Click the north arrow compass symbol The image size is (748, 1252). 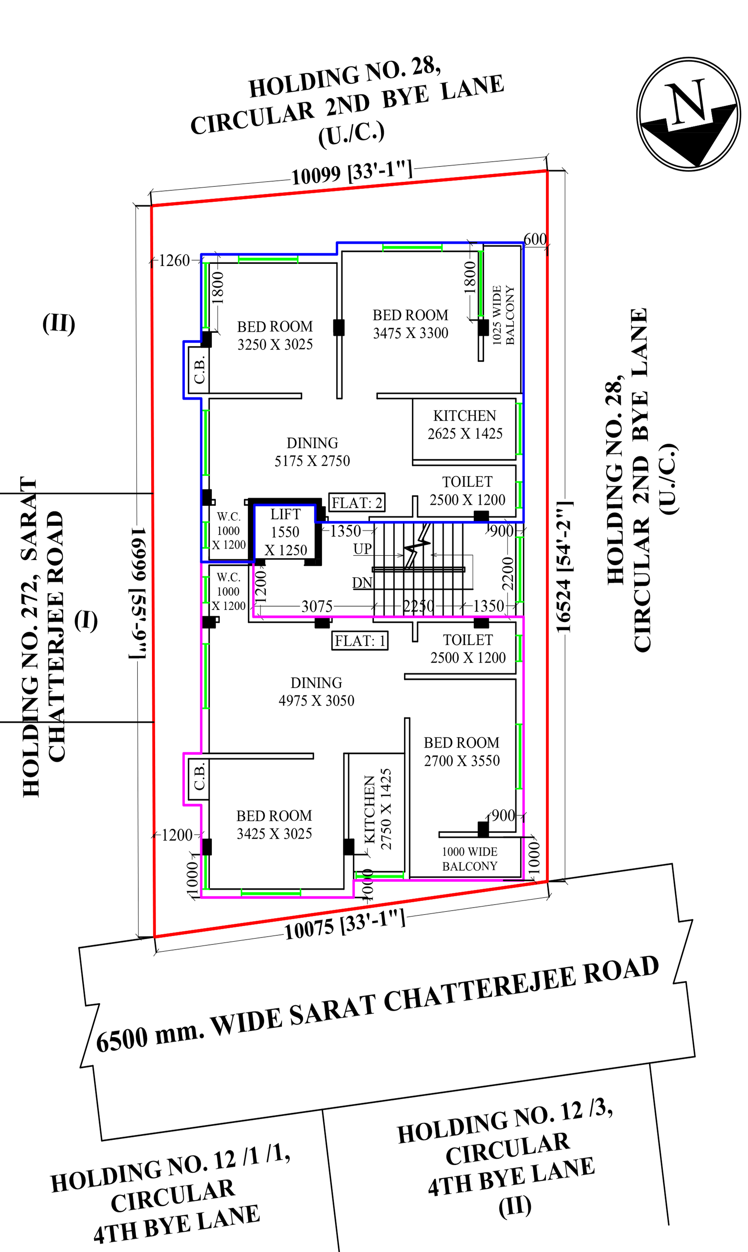click(688, 113)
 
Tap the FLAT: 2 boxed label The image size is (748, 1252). click(357, 502)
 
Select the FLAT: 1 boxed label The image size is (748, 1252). click(360, 640)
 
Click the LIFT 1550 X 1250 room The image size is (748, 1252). click(285, 532)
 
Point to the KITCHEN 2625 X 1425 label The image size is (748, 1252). click(465, 424)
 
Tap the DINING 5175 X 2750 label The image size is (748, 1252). click(312, 452)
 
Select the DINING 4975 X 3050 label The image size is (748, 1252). click(316, 691)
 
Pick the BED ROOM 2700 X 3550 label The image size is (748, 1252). click(462, 751)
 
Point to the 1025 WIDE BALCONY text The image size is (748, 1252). click(503, 315)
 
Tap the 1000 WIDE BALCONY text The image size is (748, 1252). click(469, 859)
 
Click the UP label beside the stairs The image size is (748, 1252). click(362, 549)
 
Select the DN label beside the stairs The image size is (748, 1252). click(362, 583)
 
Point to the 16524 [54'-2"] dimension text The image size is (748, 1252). click(563, 567)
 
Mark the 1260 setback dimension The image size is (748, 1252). click(174, 261)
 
